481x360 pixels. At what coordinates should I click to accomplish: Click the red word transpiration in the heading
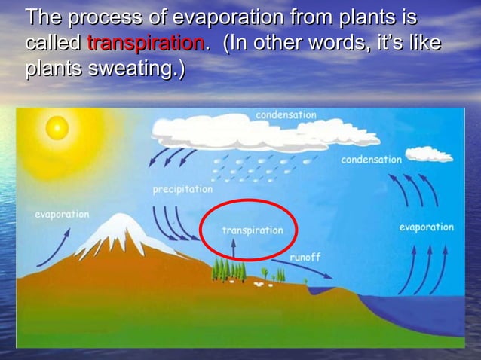click(x=145, y=43)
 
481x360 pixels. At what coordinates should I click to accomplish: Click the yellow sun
click(x=57, y=129)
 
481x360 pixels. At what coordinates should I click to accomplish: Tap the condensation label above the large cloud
click(x=286, y=115)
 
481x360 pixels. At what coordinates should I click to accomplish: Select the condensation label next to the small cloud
click(x=371, y=160)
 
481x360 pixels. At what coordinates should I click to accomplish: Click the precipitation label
click(x=182, y=189)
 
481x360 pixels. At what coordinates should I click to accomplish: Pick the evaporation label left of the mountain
click(x=62, y=214)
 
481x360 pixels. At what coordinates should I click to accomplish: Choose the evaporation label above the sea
click(x=426, y=227)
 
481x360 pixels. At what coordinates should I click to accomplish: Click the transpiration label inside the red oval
click(x=253, y=230)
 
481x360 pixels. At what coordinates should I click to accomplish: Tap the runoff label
click(x=305, y=257)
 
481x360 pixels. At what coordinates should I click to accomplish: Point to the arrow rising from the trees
click(x=233, y=248)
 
